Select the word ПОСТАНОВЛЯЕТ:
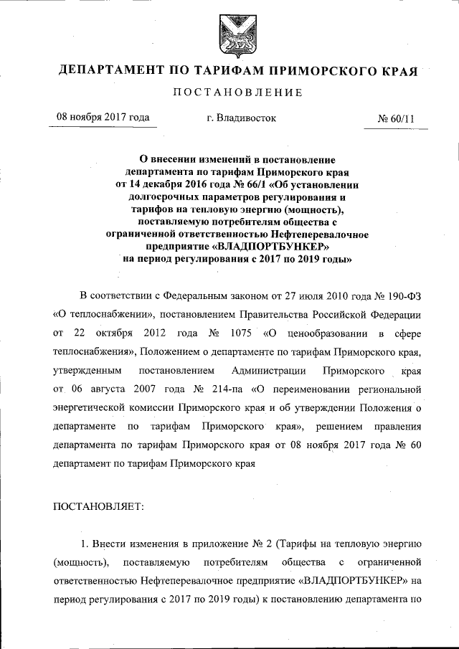point(99,506)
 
